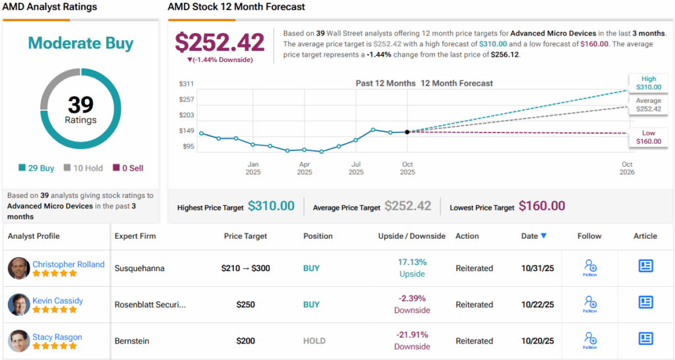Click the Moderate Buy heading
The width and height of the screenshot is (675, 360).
80,44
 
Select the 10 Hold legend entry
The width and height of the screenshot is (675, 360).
83,168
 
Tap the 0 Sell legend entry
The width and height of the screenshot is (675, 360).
128,168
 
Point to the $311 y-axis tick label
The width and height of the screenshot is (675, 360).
187,84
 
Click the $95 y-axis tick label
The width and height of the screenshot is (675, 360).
188,146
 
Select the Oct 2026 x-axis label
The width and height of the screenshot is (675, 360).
627,168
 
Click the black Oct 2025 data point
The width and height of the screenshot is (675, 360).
407,132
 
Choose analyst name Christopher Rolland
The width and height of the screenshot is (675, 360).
69,264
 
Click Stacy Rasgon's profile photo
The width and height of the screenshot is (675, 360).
18,341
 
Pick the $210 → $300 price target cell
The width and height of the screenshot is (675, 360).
245,268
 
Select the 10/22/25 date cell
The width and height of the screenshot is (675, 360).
537,305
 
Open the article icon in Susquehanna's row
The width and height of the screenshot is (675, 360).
645,266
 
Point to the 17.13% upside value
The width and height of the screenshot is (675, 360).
411,262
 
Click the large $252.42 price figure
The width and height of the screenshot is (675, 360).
220,42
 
